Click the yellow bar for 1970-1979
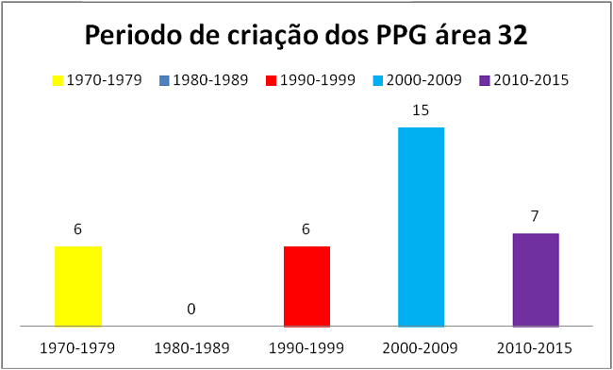77,286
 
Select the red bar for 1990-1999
306,286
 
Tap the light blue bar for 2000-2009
421,227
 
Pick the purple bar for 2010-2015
536,279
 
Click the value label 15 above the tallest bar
421,110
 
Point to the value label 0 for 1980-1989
192,309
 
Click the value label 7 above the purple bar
536,216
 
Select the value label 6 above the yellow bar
77,229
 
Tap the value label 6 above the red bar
306,229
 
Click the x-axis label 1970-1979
77,347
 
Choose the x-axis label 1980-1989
192,347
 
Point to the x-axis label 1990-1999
306,347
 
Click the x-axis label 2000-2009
421,347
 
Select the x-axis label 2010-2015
536,347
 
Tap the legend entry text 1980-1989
216,80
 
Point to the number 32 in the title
509,38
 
